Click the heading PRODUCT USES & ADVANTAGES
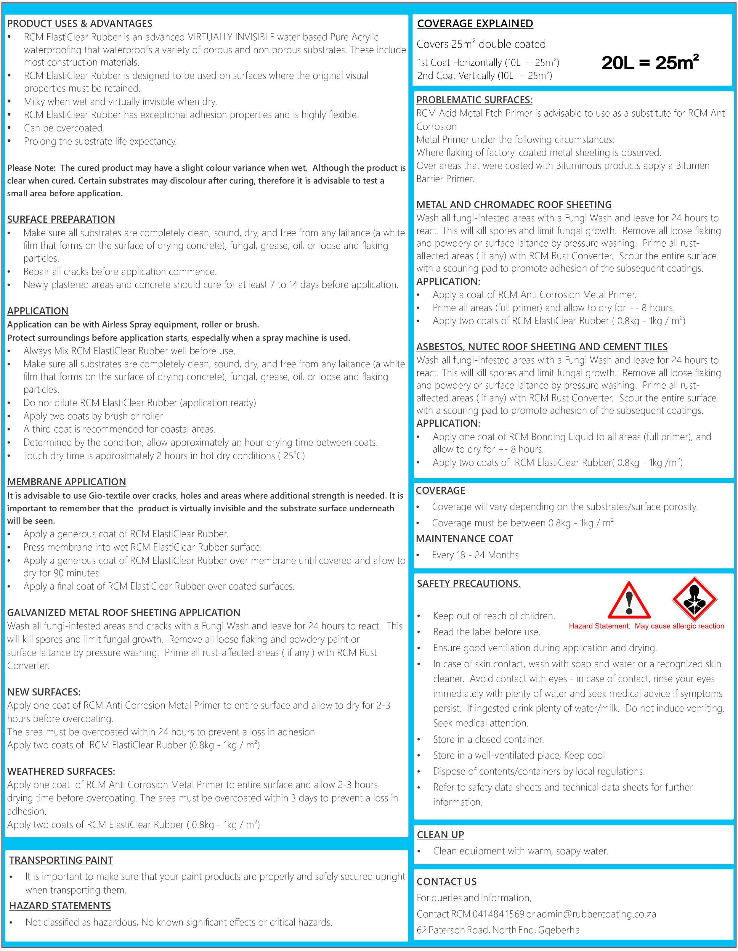click(x=80, y=23)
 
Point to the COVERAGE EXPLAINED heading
click(x=475, y=23)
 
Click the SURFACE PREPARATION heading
click(x=61, y=219)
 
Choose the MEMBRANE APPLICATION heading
click(x=67, y=482)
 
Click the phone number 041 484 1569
click(x=498, y=914)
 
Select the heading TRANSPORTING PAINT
click(x=61, y=860)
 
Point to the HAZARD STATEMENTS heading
click(x=60, y=906)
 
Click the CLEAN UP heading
click(x=440, y=834)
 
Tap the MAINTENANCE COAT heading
click(x=464, y=539)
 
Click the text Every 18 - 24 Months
click(x=475, y=555)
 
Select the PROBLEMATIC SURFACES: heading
click(x=474, y=100)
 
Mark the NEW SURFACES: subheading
click(x=44, y=692)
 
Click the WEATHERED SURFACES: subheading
click(x=61, y=771)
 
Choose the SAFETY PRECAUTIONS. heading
click(x=468, y=583)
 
